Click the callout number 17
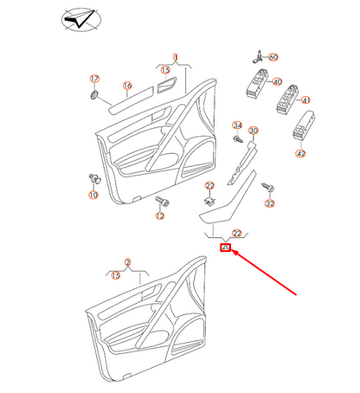click(94, 79)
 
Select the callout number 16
click(126, 86)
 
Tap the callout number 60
click(273, 57)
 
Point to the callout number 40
click(278, 82)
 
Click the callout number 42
click(301, 153)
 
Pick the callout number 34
click(237, 126)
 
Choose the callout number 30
click(254, 131)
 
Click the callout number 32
click(269, 203)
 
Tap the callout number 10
click(93, 196)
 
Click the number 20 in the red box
click(226, 248)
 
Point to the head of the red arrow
click(233, 254)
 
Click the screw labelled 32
click(268, 187)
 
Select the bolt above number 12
click(159, 200)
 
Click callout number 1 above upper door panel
click(175, 57)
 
